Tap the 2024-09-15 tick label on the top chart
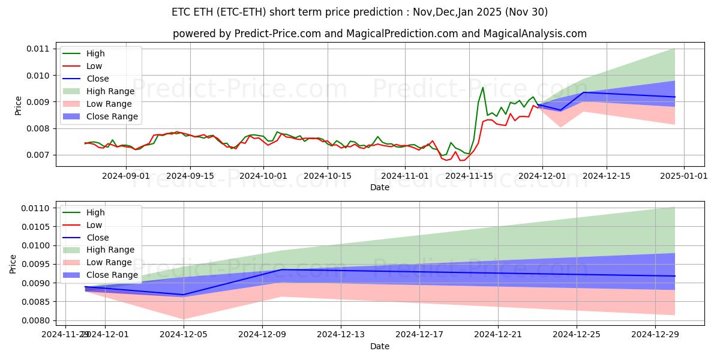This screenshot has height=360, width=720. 190,176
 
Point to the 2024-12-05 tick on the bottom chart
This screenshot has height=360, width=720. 184,334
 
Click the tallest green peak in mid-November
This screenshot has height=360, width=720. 482,88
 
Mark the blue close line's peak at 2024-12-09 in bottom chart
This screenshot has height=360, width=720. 282,269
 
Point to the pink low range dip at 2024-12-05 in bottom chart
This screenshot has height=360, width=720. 184,319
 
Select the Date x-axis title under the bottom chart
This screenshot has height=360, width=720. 379,346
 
